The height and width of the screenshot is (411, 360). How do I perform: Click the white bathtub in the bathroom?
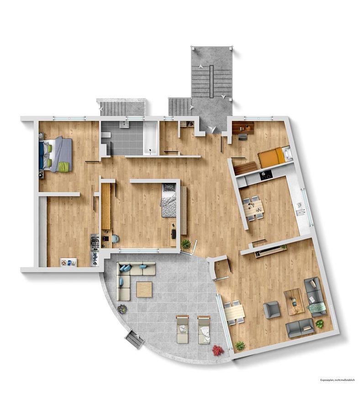click(150, 137)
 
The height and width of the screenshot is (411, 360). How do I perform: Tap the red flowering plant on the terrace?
click(217, 350)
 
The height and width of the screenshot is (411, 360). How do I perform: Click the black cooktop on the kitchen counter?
click(266, 175)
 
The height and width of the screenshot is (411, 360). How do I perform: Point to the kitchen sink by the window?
click(300, 208)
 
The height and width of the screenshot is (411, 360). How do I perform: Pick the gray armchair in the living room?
click(271, 310)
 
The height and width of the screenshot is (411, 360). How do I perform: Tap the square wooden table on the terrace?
click(144, 289)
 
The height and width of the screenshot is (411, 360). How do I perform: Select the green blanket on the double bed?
click(65, 166)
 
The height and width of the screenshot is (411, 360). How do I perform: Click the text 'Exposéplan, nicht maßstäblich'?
click(337, 387)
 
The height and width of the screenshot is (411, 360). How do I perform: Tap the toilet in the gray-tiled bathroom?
click(106, 135)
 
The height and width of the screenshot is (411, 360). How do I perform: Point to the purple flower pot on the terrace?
click(122, 309)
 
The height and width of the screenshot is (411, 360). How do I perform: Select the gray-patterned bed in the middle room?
click(169, 200)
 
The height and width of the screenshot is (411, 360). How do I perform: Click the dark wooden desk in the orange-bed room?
click(243, 128)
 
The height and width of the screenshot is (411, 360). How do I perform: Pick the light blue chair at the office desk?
click(115, 238)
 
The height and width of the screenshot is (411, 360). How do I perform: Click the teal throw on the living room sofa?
click(317, 308)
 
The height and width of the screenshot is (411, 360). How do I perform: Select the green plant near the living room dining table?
click(240, 346)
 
